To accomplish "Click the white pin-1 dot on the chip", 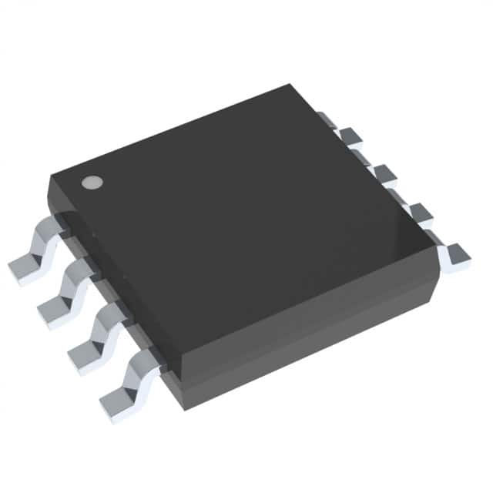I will click(x=92, y=183).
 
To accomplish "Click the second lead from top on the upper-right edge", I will click(x=353, y=139).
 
